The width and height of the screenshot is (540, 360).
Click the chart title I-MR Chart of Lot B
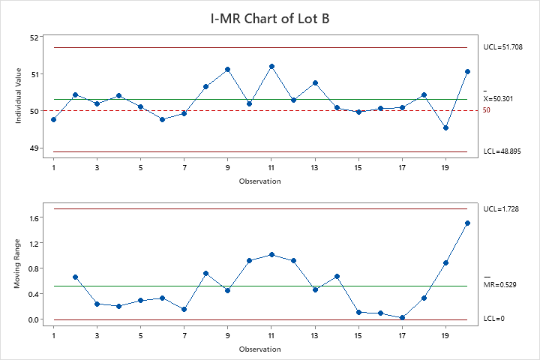click(x=270, y=18)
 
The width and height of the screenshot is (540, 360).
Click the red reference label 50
click(x=487, y=110)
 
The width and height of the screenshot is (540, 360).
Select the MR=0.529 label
click(x=499, y=285)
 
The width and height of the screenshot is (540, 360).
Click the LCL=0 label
click(x=493, y=319)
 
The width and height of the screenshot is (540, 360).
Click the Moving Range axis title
click(x=17, y=268)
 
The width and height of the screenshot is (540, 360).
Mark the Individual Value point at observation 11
click(x=271, y=67)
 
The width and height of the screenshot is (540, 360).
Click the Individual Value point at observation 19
click(x=445, y=127)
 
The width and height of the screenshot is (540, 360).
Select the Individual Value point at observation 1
click(x=54, y=119)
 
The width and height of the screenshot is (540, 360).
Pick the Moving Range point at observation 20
click(x=467, y=223)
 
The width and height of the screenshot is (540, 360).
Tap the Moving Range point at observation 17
click(x=402, y=317)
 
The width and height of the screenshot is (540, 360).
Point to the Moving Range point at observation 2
click(x=76, y=277)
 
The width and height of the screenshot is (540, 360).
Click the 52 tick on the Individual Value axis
click(x=34, y=37)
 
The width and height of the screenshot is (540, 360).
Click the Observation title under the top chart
click(x=260, y=181)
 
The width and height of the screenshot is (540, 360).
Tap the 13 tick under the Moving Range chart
click(x=315, y=336)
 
